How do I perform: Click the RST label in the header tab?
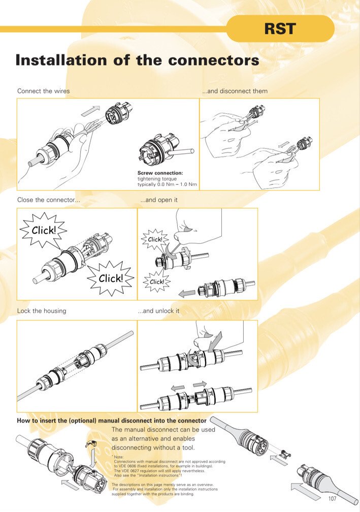pyautogui.click(x=280, y=29)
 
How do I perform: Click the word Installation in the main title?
pyautogui.click(x=61, y=60)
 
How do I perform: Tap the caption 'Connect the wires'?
pyautogui.click(x=43, y=91)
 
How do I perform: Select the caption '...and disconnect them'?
pyautogui.click(x=235, y=91)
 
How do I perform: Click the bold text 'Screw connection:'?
pyautogui.click(x=160, y=173)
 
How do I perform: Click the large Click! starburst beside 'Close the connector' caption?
pyautogui.click(x=44, y=230)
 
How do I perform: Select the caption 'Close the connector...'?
pyautogui.click(x=49, y=200)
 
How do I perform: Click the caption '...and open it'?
pyautogui.click(x=159, y=200)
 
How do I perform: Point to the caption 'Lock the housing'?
pyautogui.click(x=42, y=311)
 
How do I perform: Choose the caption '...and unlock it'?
pyautogui.click(x=158, y=311)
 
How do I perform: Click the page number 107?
pyautogui.click(x=332, y=498)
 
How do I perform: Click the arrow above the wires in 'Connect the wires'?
pyautogui.click(x=90, y=111)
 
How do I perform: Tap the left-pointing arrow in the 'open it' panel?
pyautogui.click(x=187, y=294)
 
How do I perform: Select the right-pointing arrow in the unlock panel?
pyautogui.click(x=200, y=384)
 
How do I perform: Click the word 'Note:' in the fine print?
pyautogui.click(x=119, y=457)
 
